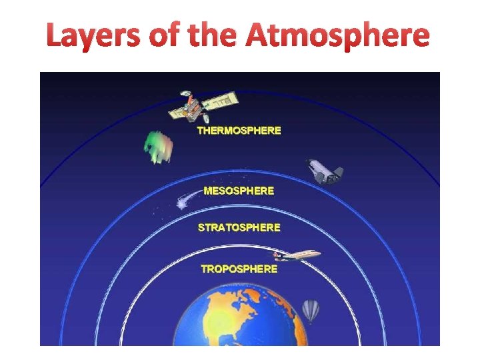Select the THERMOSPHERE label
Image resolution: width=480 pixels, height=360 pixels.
tap(239, 131)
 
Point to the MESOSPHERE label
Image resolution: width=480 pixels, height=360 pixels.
tap(239, 191)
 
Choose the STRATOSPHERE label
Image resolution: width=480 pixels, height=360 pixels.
tap(239, 227)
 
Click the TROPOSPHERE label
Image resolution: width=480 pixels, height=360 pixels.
tap(239, 269)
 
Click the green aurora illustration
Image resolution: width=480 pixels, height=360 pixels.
tap(158, 147)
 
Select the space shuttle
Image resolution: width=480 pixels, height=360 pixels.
tap(324, 172)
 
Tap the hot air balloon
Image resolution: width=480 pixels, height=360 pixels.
tap(311, 311)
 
